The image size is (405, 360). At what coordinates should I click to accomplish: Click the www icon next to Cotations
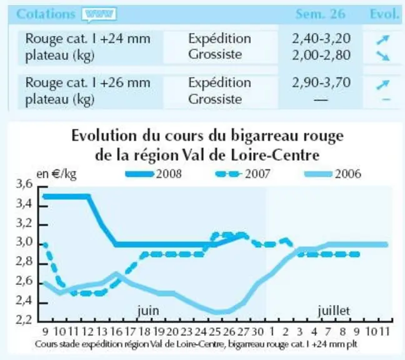pyautogui.click(x=99, y=14)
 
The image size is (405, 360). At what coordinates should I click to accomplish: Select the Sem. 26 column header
pyautogui.click(x=320, y=14)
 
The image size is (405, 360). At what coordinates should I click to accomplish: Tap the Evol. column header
pyautogui.click(x=384, y=14)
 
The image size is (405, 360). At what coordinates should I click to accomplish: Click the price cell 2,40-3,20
pyautogui.click(x=321, y=39)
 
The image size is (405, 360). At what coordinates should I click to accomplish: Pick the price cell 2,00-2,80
pyautogui.click(x=321, y=55)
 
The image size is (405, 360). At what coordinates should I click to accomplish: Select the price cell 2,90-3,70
pyautogui.click(x=321, y=82)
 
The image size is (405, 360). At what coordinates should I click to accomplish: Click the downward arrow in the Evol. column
pyautogui.click(x=382, y=56)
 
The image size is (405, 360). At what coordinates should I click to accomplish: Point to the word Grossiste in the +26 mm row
pyautogui.click(x=215, y=99)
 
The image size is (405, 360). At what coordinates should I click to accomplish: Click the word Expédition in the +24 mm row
pyautogui.click(x=219, y=39)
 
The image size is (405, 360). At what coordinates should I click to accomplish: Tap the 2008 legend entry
pyautogui.click(x=154, y=174)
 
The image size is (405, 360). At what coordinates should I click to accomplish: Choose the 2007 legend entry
pyautogui.click(x=242, y=174)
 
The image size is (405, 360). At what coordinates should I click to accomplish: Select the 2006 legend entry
pyautogui.click(x=332, y=174)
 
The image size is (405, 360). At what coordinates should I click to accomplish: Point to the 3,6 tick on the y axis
pyautogui.click(x=24, y=184)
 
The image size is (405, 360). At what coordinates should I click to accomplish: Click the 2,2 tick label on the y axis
pyautogui.click(x=24, y=320)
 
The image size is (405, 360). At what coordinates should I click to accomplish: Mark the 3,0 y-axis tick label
pyautogui.click(x=24, y=242)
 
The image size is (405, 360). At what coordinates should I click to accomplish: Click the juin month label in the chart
pyautogui.click(x=148, y=311)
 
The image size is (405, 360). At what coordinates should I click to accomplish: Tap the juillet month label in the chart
pyautogui.click(x=334, y=311)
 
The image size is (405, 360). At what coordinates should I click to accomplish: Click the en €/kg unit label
pyautogui.click(x=57, y=174)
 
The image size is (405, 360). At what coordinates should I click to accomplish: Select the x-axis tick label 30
pyautogui.click(x=257, y=332)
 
